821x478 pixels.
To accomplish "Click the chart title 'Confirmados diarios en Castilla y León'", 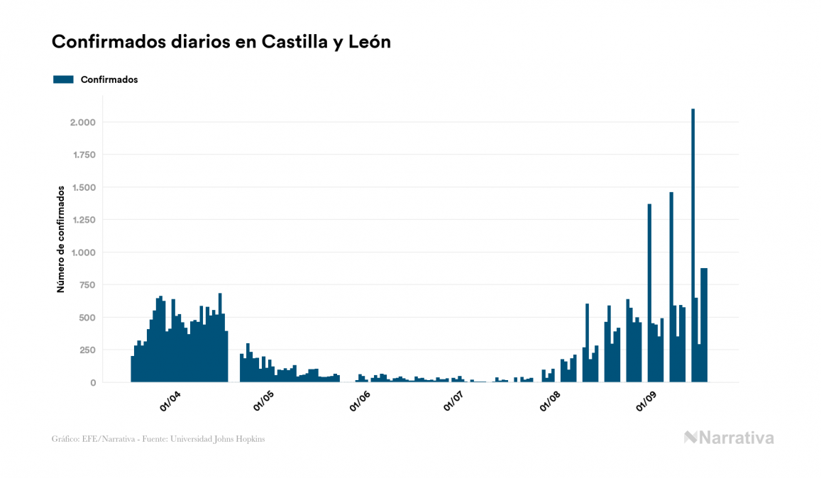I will click(221, 42).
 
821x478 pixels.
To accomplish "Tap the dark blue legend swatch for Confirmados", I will click(63, 79).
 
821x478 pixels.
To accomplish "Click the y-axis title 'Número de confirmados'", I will click(61, 239).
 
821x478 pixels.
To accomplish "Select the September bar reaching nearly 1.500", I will click(671, 284).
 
